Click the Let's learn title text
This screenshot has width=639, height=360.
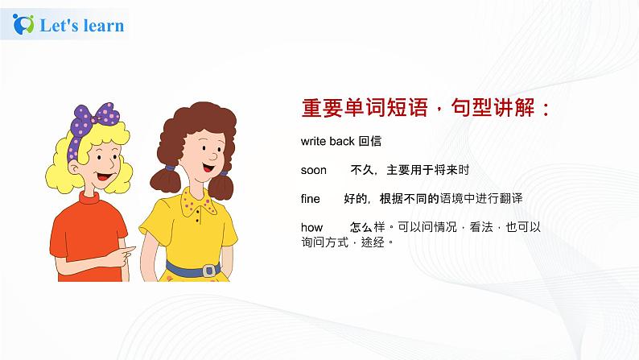tap(82, 26)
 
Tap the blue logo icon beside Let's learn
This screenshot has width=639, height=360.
tap(25, 26)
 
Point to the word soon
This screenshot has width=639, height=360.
tap(314, 170)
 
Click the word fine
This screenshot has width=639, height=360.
tap(310, 198)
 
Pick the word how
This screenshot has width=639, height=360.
tap(311, 227)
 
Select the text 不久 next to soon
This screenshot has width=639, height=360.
tap(360, 170)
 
